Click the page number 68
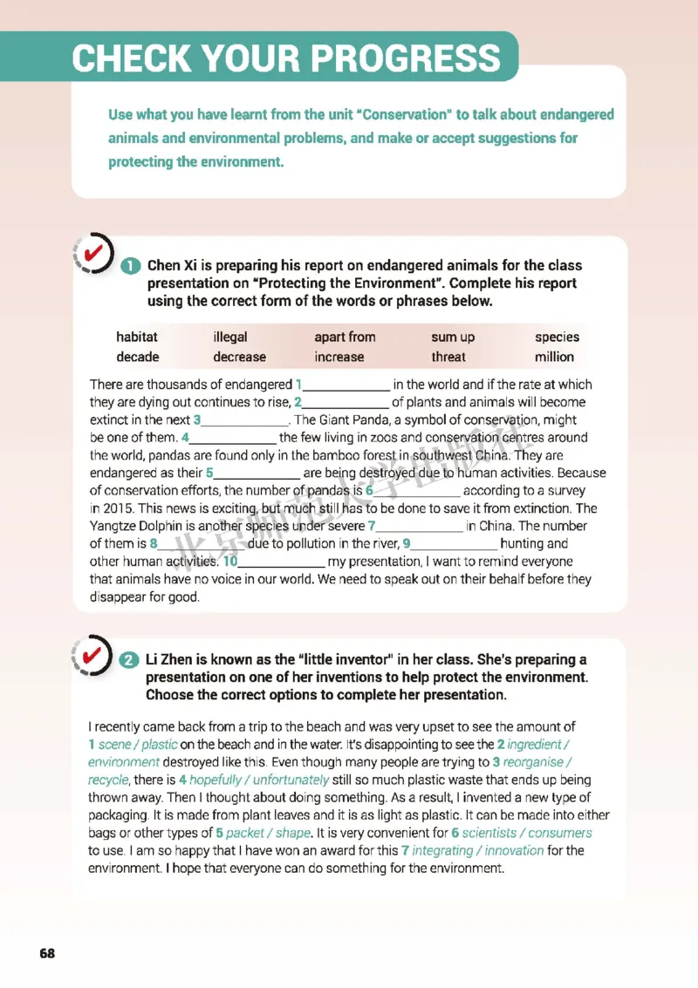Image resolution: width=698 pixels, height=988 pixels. point(46,953)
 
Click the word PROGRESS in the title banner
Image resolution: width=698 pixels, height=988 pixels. point(407,58)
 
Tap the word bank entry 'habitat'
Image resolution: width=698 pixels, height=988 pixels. point(137,337)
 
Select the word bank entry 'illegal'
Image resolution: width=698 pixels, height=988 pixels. point(230,337)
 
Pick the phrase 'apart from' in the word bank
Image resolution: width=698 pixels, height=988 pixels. point(345,337)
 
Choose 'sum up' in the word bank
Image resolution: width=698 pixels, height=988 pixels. point(454,337)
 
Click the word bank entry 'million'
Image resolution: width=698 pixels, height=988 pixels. point(554,357)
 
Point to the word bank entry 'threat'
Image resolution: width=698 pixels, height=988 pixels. point(448,357)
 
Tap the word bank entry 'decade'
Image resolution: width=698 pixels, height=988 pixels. point(138,357)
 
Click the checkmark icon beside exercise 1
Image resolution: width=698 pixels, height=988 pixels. point(93,253)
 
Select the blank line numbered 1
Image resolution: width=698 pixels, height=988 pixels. point(346,385)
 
